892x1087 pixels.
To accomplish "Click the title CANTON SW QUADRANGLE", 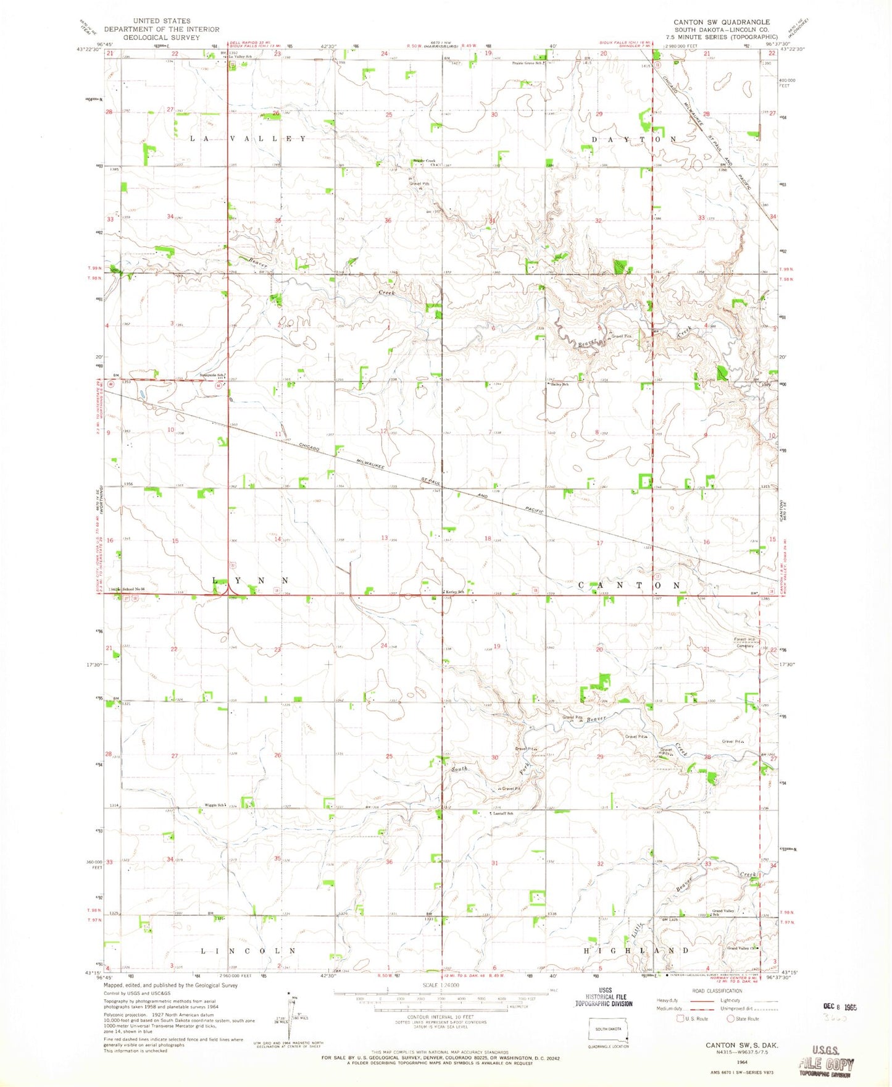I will [722, 22].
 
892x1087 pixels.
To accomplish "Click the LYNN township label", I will [251, 581].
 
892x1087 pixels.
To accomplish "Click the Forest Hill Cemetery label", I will [744, 642].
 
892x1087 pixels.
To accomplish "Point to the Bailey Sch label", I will [560, 384].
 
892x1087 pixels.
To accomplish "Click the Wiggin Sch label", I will [215, 805].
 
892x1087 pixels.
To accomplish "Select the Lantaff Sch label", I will [502, 813].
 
